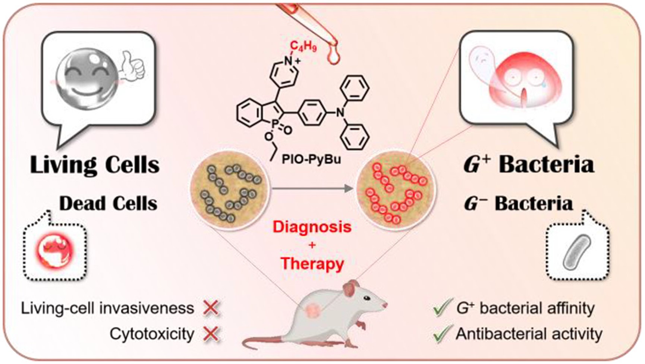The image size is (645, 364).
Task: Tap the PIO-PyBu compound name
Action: pyautogui.click(x=312, y=161)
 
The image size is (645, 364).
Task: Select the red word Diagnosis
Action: pyautogui.click(x=312, y=227)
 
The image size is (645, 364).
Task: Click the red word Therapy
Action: pyautogui.click(x=312, y=264)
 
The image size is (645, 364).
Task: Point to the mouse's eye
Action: pyautogui.click(x=367, y=298)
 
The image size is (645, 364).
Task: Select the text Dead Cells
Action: pyautogui.click(x=108, y=204)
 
